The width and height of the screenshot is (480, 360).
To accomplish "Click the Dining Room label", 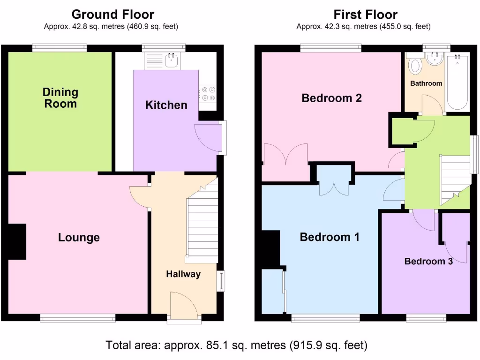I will coord(60,97).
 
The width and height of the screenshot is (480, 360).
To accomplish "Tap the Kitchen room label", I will coord(166,105).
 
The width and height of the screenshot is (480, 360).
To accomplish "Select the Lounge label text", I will coord(79,237).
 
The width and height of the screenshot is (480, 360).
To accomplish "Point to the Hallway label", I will coord(183,274).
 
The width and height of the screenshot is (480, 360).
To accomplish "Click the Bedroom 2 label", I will coord(331,98).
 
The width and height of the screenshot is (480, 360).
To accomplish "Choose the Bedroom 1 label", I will coord(330,237).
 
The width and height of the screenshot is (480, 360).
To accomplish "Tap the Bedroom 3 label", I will coord(428,261).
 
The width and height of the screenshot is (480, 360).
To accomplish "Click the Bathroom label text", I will coord(426,83).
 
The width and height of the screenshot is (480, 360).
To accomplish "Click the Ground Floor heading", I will coord(112,15).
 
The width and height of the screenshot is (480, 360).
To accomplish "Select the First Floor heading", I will coord(365,15).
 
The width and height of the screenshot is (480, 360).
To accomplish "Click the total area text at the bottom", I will coord(237,345).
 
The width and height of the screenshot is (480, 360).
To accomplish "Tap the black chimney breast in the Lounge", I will coord(17,241).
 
